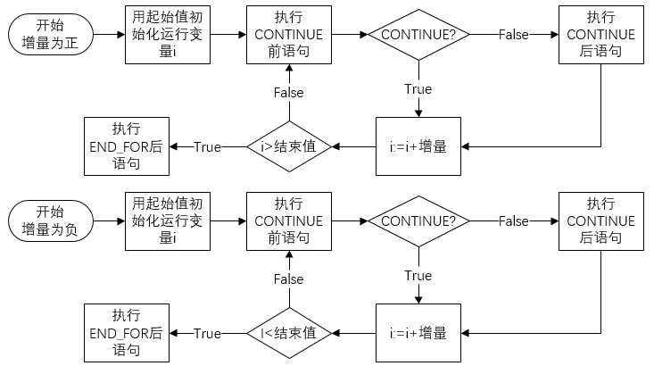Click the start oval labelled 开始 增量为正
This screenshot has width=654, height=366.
[50, 35]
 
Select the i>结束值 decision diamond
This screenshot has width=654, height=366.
[288, 146]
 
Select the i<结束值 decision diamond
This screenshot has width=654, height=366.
[288, 333]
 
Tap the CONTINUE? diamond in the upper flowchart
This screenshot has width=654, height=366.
[418, 35]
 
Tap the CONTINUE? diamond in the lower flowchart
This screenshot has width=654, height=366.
[418, 220]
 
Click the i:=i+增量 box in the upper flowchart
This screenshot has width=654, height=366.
[418, 146]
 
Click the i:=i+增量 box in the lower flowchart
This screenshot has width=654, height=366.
[418, 333]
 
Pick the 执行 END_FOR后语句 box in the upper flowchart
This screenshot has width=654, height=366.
[126, 146]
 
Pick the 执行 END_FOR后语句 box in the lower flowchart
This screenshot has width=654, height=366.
[126, 333]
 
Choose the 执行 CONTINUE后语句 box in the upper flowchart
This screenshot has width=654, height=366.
[600, 35]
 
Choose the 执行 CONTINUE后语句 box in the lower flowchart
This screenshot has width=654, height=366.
[600, 220]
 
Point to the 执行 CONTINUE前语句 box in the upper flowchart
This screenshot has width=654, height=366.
[288, 35]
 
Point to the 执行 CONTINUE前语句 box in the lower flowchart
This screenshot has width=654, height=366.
[288, 220]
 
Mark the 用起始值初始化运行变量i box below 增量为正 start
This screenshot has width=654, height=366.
[168, 35]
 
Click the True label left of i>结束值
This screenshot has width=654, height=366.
[207, 146]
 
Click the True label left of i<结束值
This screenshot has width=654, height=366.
[207, 333]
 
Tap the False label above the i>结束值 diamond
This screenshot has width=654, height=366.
[288, 93]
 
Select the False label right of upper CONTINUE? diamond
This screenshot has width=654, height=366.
[513, 35]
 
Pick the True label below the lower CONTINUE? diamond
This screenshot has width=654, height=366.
[418, 276]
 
